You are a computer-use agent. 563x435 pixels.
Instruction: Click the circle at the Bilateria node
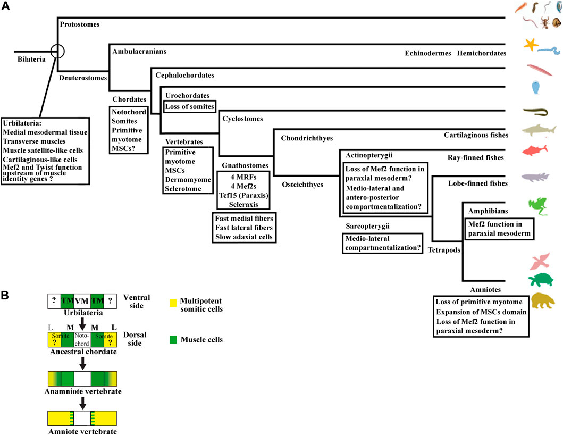(57, 52)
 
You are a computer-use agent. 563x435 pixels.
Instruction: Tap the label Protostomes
(80, 24)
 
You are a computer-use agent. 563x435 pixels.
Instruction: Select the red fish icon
(534, 150)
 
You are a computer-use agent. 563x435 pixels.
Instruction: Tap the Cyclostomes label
(243, 119)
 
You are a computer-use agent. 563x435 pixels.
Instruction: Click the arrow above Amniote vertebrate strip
(82, 400)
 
